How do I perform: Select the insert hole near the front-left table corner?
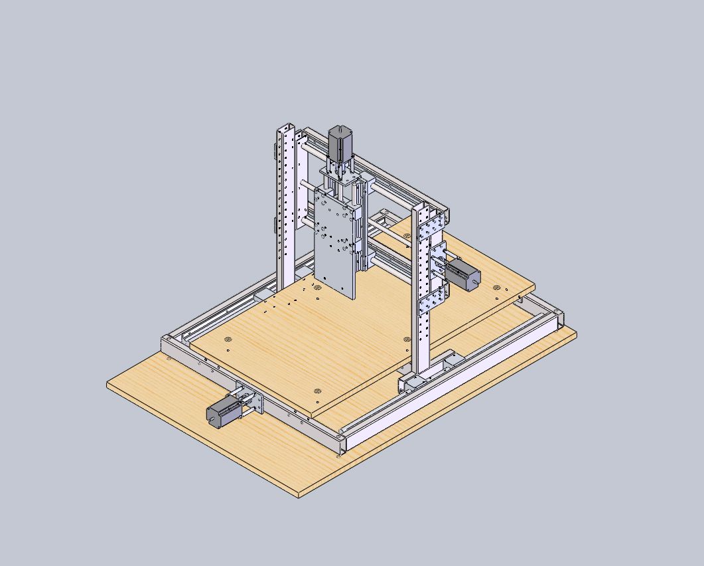228,339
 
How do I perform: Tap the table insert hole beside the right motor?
497,287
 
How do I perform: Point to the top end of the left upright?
286,126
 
